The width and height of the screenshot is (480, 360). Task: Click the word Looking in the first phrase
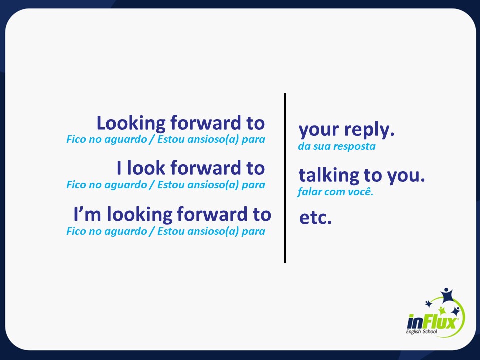131,124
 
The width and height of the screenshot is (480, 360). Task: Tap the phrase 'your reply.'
346,130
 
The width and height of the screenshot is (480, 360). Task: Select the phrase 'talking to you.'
362,175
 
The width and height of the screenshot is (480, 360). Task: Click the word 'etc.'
315,217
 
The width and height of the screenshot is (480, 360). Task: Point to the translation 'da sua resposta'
337,146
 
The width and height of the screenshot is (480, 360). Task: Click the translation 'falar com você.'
336,192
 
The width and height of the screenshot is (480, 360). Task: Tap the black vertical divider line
285,178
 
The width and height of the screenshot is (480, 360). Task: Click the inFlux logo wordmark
433,322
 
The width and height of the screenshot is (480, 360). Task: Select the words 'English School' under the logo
422,332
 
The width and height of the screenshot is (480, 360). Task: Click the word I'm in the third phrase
87,214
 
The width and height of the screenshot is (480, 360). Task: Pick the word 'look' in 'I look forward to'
146,168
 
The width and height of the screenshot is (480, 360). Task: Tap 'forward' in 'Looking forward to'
206,123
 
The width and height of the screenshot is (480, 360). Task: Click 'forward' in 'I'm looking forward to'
212,214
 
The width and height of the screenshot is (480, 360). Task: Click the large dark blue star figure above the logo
446,295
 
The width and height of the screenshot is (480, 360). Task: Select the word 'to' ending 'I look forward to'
256,168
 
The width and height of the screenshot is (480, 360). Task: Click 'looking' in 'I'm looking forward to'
139,215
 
